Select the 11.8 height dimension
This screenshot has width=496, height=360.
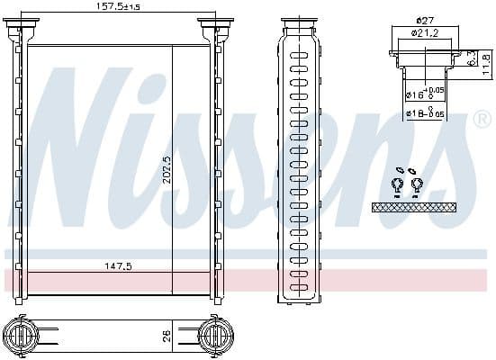[x=486, y=63]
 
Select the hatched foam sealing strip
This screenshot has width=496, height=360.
[x=413, y=207]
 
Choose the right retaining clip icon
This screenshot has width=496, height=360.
[x=417, y=186]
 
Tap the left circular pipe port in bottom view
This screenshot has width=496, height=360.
[x=23, y=337]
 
